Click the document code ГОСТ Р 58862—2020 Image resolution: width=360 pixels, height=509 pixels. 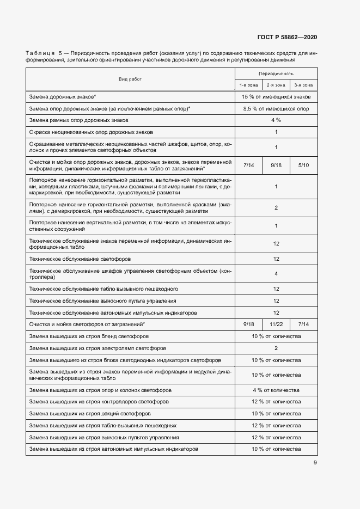tap(286, 37)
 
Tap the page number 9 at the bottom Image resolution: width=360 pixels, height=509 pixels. tap(315, 463)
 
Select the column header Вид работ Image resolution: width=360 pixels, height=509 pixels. tap(130, 79)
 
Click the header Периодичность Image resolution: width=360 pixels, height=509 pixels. tap(276, 73)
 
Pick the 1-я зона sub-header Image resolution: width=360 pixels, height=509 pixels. tap(248, 85)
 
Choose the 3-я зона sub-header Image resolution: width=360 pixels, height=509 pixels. tap(303, 85)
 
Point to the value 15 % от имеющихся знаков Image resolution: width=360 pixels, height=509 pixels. tap(276, 97)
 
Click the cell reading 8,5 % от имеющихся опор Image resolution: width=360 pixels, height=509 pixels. tap(276, 109)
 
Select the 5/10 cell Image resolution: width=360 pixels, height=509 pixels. tap(303, 164)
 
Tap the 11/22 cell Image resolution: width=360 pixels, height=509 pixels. tap(276, 324)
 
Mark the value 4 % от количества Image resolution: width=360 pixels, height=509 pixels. tap(276, 390)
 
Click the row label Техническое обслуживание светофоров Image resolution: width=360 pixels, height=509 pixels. tap(80, 259)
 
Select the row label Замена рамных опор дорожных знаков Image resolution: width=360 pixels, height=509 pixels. tap(79, 120)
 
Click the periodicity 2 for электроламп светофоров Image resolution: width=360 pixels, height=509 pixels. tap(276, 348)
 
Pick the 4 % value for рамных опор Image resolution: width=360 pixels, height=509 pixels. tap(276, 120)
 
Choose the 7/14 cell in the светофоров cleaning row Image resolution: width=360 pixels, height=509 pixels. tap(303, 324)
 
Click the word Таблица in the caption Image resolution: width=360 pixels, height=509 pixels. tap(40, 53)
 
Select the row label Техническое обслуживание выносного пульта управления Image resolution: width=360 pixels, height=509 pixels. tap(102, 301)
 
